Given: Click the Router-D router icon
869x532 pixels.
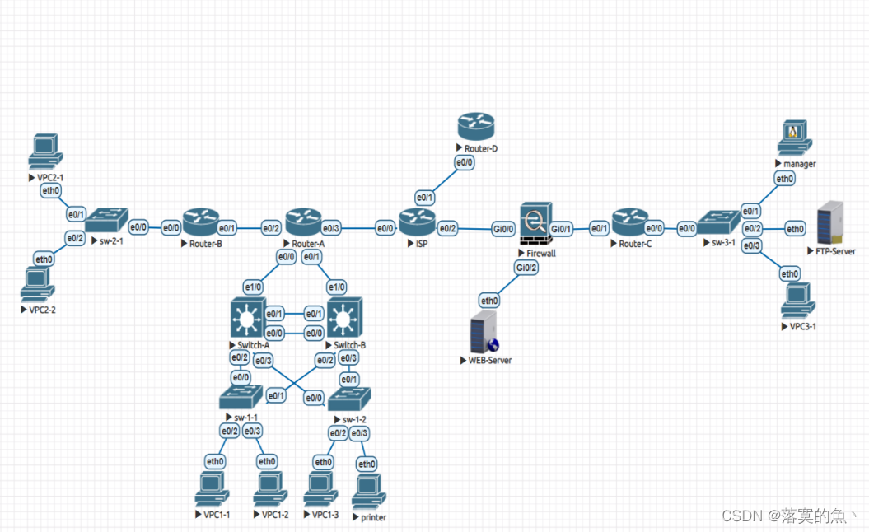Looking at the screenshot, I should click(x=475, y=127).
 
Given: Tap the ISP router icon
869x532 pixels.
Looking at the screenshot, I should click(x=417, y=221).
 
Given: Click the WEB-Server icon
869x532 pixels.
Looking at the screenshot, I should click(x=484, y=332).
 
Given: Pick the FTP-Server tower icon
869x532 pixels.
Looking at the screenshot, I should click(x=829, y=222).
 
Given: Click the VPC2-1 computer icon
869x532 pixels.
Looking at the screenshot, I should click(x=45, y=152).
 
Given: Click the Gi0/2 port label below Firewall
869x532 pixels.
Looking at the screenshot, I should click(x=526, y=267).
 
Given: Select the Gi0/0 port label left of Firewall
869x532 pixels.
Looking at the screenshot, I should click(x=504, y=228).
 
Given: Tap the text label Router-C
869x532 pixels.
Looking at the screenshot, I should click(x=635, y=244).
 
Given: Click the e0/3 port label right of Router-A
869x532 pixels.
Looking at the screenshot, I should click(x=330, y=228).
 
